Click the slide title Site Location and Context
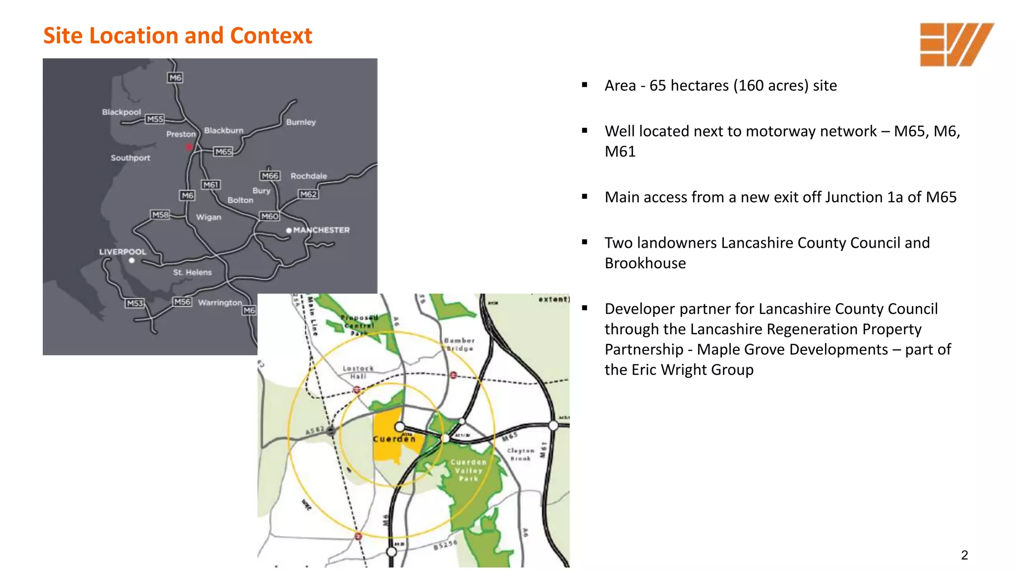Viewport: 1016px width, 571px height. click(x=178, y=36)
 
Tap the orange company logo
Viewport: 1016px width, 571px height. click(x=956, y=45)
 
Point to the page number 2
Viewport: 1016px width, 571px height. click(x=964, y=555)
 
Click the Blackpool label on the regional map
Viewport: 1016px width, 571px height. click(x=122, y=112)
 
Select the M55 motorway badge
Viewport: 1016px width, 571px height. click(x=155, y=119)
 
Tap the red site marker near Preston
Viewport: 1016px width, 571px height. click(x=189, y=147)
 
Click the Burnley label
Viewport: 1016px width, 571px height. click(x=301, y=122)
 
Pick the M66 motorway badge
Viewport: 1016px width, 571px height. click(x=270, y=176)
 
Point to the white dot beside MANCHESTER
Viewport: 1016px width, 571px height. click(x=289, y=230)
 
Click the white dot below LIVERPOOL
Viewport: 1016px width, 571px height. click(x=131, y=260)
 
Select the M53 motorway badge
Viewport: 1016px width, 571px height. click(x=134, y=303)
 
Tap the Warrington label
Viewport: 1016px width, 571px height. click(x=220, y=302)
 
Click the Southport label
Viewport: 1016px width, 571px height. click(x=130, y=158)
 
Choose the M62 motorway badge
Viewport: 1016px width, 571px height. click(x=308, y=194)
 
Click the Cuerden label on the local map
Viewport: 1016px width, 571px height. click(x=394, y=439)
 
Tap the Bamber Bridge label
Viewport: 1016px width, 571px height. click(x=459, y=344)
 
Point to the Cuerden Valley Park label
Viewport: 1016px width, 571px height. click(x=468, y=470)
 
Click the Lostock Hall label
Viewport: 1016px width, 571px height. click(x=358, y=372)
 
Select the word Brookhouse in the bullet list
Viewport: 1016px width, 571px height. click(x=645, y=263)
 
